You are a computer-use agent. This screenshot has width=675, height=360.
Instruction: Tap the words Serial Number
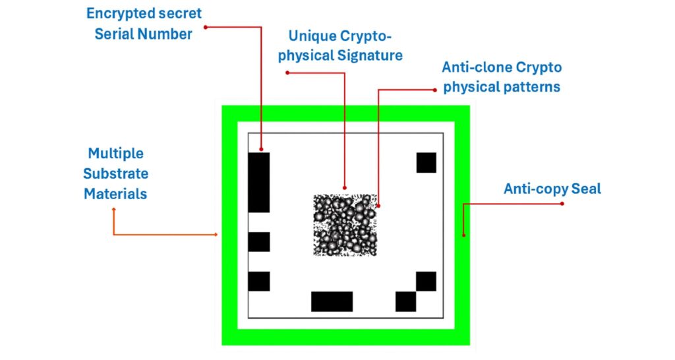[143, 34]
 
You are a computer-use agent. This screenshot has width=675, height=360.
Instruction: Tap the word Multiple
[115, 154]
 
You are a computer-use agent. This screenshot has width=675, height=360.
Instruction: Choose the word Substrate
[115, 174]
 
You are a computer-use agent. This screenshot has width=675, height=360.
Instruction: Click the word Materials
[115, 194]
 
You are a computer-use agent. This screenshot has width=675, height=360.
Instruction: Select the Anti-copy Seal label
[552, 189]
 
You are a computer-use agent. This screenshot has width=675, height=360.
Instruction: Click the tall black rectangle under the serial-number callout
[259, 182]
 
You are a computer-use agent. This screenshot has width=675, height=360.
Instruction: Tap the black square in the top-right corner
[426, 162]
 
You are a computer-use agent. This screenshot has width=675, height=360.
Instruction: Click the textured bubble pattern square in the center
[345, 225]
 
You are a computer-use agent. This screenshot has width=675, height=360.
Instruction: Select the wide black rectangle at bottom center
[332, 301]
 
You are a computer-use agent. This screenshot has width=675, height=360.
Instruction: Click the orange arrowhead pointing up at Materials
[114, 209]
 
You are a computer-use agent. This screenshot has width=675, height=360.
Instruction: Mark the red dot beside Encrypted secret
[206, 26]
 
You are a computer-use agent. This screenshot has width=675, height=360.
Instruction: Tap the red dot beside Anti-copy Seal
[562, 203]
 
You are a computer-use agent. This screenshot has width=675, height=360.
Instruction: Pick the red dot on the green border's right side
[463, 233]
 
